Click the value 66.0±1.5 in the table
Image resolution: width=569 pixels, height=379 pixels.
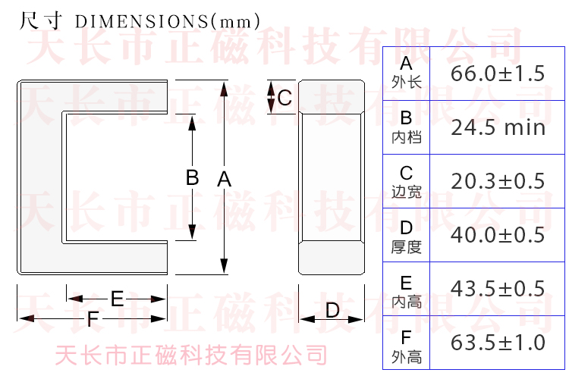pyautogui.click(x=498, y=74)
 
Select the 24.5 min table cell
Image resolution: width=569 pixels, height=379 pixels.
pyautogui.click(x=498, y=127)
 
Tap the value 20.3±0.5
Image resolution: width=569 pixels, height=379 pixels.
pyautogui.click(x=498, y=181)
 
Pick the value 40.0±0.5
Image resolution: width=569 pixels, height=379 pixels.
pyautogui.click(x=498, y=235)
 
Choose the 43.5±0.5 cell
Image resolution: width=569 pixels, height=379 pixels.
pyautogui.click(x=498, y=289)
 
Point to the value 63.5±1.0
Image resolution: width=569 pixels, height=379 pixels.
pyautogui.click(x=498, y=343)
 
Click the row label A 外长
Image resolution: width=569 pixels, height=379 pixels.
pyautogui.click(x=407, y=73)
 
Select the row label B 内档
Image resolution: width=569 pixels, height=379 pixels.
pyautogui.click(x=407, y=127)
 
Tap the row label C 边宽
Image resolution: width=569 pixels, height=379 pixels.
pyautogui.click(x=407, y=181)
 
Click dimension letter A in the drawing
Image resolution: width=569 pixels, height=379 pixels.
pyautogui.click(x=224, y=180)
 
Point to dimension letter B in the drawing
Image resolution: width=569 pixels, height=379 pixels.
pyautogui.click(x=192, y=177)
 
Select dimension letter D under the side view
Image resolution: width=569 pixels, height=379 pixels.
pyautogui.click(x=332, y=310)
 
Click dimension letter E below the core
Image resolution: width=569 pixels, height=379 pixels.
pyautogui.click(x=117, y=299)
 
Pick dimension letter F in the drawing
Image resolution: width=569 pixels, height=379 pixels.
pyautogui.click(x=93, y=319)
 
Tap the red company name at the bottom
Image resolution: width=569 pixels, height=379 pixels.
pyautogui.click(x=192, y=355)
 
